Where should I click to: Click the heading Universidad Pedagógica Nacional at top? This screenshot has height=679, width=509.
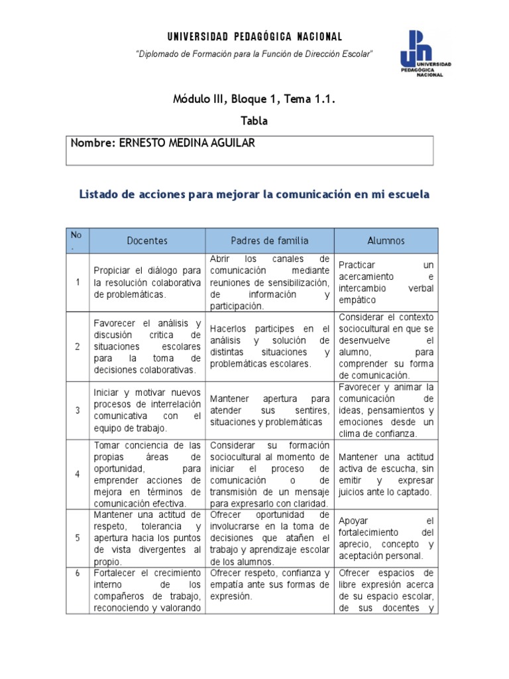tap(254, 36)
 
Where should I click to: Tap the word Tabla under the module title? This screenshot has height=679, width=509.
tap(254, 121)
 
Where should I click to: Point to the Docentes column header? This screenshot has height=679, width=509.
tap(147, 241)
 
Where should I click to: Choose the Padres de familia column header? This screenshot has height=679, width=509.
tap(270, 241)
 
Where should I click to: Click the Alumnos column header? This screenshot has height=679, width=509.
tap(386, 241)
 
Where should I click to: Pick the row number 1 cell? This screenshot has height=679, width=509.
tap(78, 282)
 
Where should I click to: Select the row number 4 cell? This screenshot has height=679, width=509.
tap(78, 474)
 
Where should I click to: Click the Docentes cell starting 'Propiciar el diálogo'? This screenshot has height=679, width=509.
tap(147, 282)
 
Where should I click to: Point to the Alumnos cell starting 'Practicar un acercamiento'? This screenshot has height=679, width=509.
tap(386, 282)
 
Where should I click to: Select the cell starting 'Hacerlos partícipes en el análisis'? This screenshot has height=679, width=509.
tap(270, 346)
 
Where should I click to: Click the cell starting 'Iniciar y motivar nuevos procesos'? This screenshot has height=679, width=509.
tap(147, 410)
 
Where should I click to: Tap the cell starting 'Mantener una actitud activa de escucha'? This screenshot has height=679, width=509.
tap(386, 474)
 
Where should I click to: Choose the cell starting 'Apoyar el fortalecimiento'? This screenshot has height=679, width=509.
tap(386, 538)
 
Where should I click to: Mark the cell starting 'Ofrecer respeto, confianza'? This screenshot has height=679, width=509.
tap(270, 584)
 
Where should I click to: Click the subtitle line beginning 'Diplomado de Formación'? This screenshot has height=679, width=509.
tap(254, 53)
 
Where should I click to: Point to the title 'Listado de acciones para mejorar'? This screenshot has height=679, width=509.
tap(254, 194)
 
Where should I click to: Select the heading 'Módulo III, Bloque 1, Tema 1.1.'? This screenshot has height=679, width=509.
tap(254, 100)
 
